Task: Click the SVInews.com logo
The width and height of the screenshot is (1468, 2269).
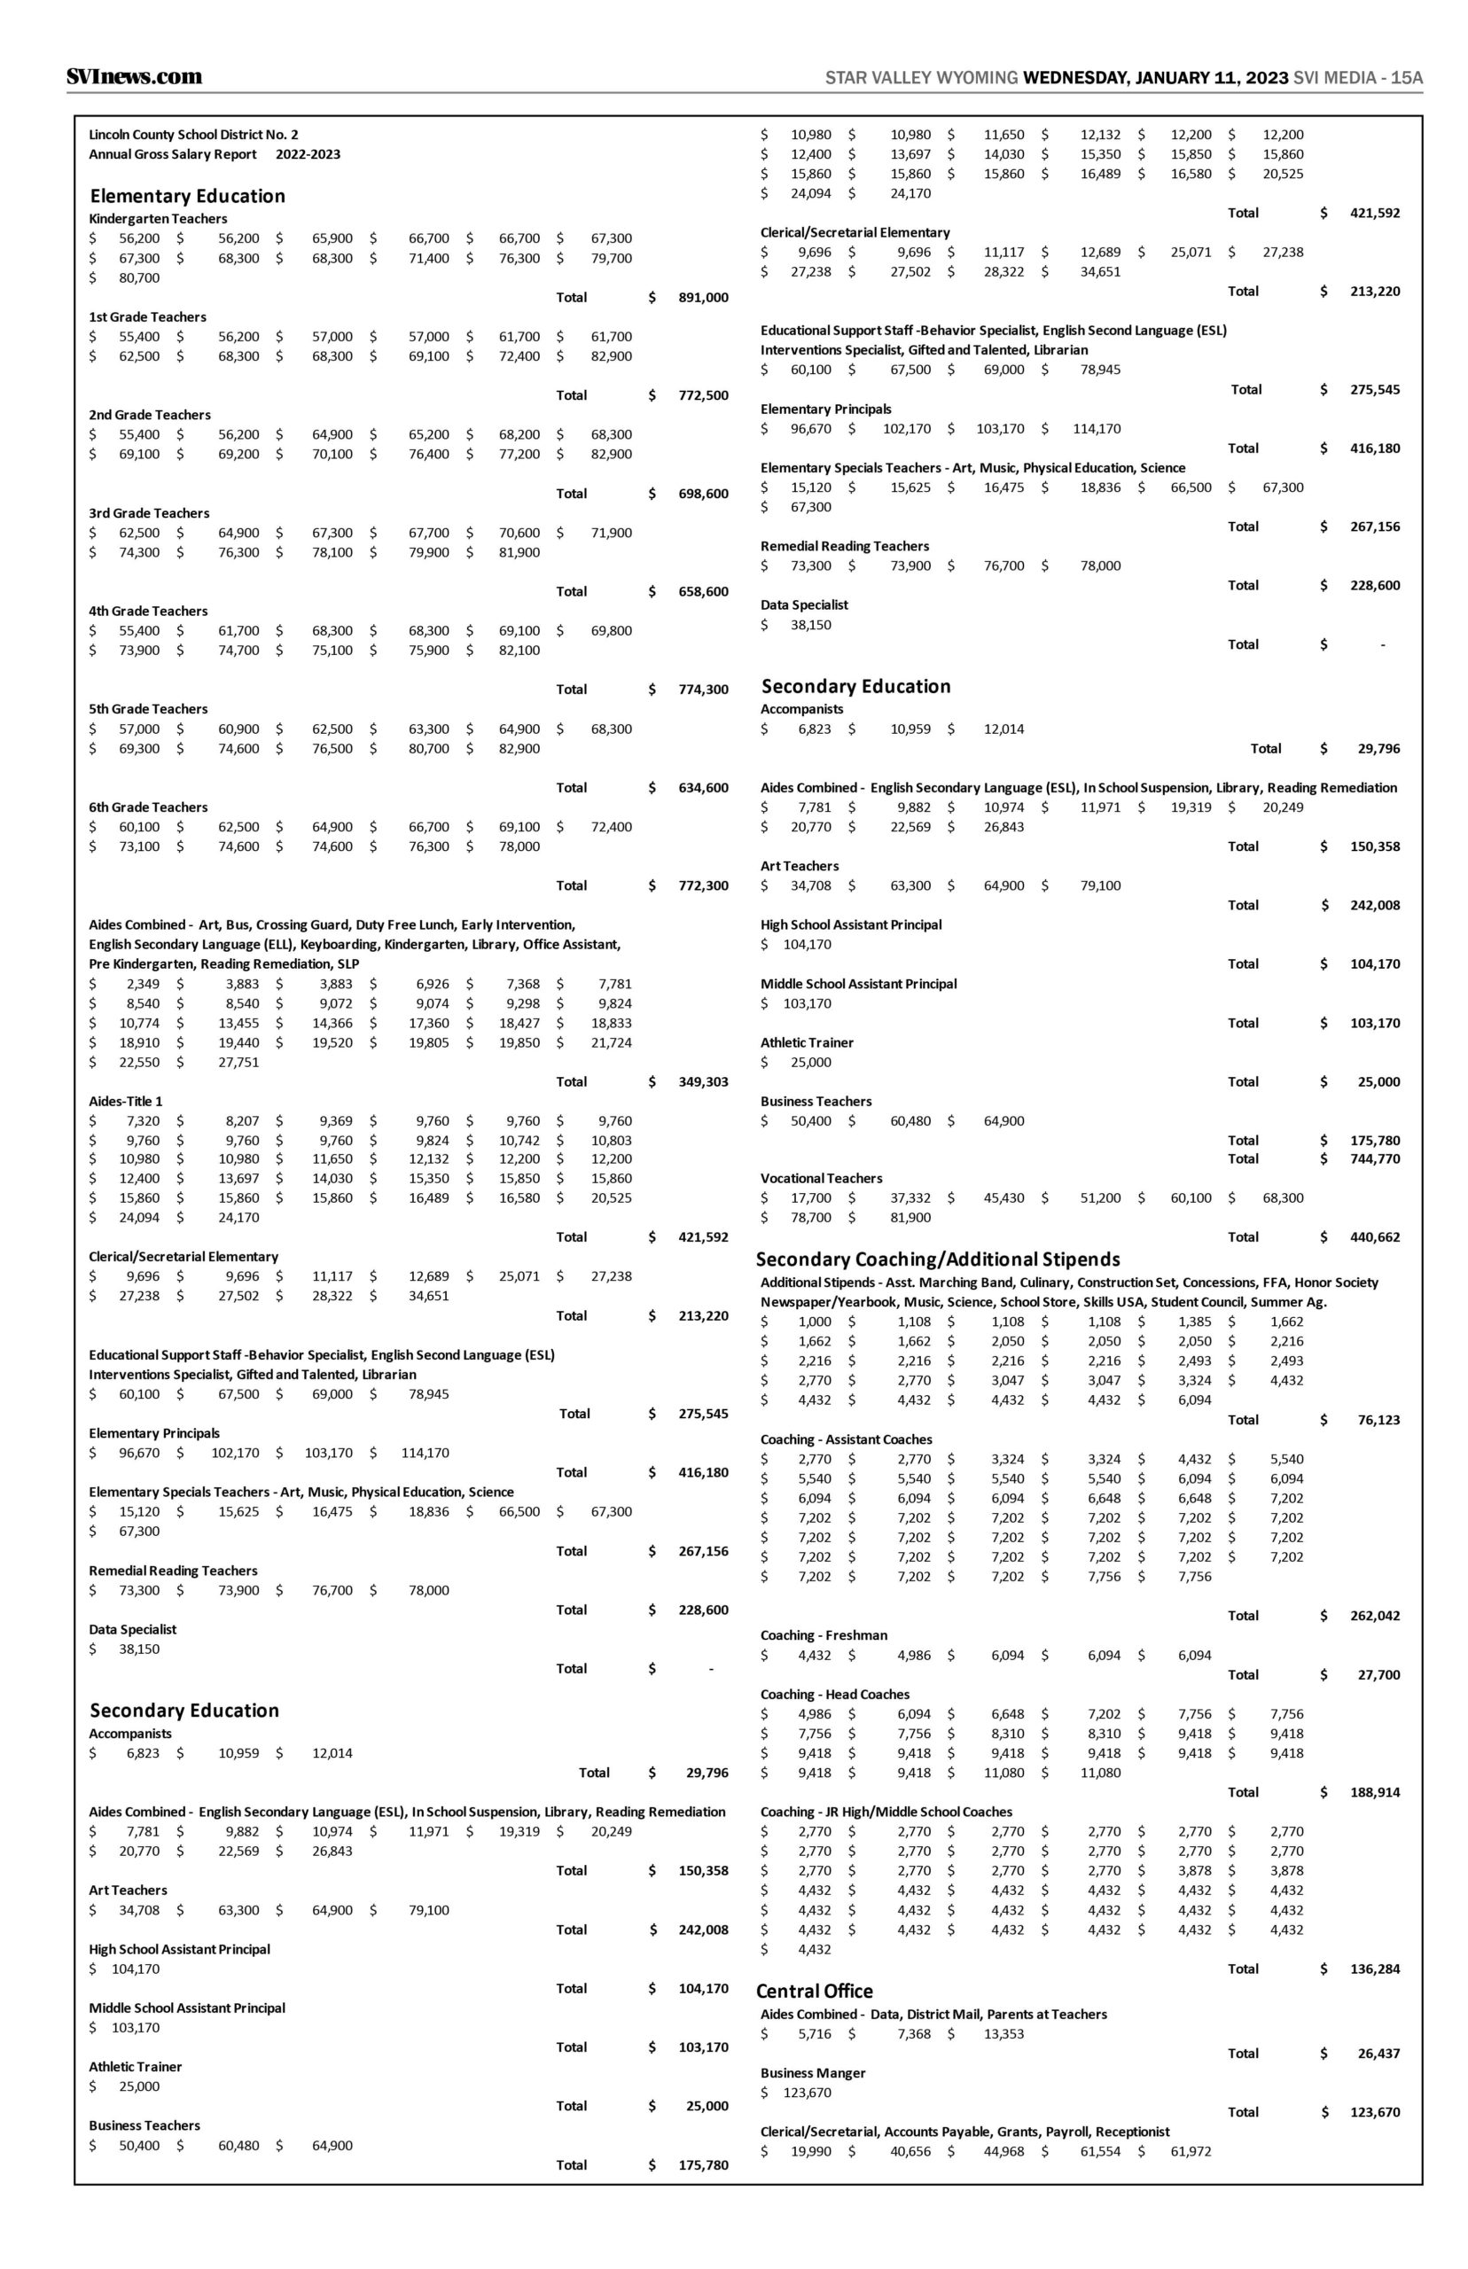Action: click(135, 77)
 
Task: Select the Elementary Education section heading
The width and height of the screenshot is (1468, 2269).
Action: click(187, 196)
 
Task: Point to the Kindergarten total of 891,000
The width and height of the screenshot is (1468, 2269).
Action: click(703, 297)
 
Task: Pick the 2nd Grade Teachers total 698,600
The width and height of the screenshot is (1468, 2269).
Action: click(703, 494)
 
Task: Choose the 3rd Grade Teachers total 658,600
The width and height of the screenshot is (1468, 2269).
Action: click(703, 592)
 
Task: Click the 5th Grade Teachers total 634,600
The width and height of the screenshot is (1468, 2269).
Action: click(703, 788)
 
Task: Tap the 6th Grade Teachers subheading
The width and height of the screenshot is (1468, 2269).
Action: click(148, 807)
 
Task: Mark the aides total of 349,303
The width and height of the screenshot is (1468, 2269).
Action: click(703, 1081)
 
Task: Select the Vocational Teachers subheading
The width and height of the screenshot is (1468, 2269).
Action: click(821, 1179)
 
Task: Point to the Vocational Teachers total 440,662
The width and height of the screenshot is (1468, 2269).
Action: click(1374, 1237)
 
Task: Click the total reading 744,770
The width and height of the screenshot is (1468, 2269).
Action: click(1374, 1158)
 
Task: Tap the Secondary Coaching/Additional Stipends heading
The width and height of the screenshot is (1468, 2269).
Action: click(937, 1259)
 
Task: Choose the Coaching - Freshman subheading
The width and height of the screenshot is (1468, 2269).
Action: click(824, 1635)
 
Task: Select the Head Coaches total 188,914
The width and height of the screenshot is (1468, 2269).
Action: click(1374, 1791)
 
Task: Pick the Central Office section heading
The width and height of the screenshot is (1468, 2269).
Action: click(814, 1991)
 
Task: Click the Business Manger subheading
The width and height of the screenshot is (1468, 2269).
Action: click(812, 2073)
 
